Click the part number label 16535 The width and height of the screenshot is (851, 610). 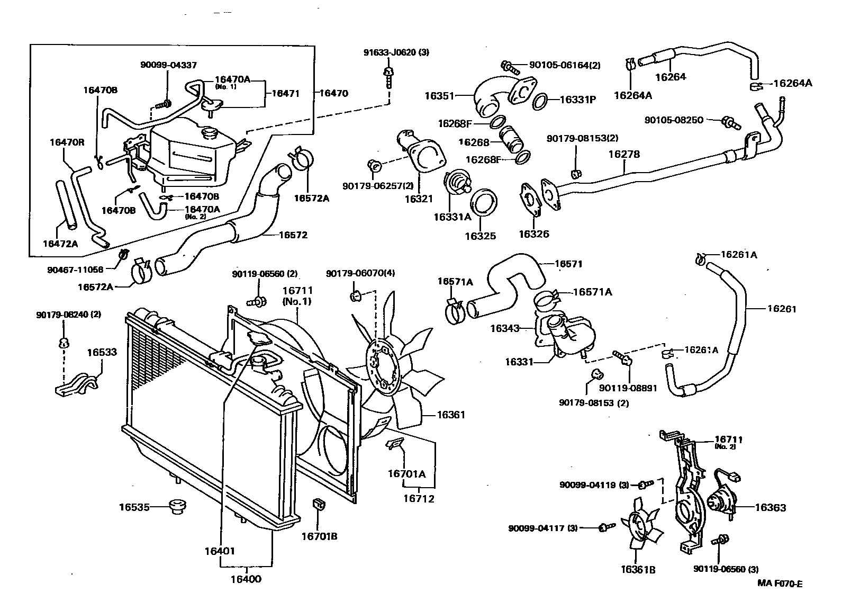click(132, 507)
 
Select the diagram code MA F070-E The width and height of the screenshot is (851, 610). click(780, 584)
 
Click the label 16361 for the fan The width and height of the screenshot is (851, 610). click(450, 415)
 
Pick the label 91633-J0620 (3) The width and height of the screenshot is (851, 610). click(389, 52)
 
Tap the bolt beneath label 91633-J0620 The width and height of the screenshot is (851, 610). click(390, 77)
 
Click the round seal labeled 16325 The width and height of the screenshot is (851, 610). click(483, 204)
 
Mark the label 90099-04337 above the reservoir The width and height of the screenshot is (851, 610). click(168, 65)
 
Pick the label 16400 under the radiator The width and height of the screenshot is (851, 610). click(246, 579)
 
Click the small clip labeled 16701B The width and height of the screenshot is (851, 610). click(320, 505)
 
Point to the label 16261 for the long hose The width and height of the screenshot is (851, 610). click(781, 308)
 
